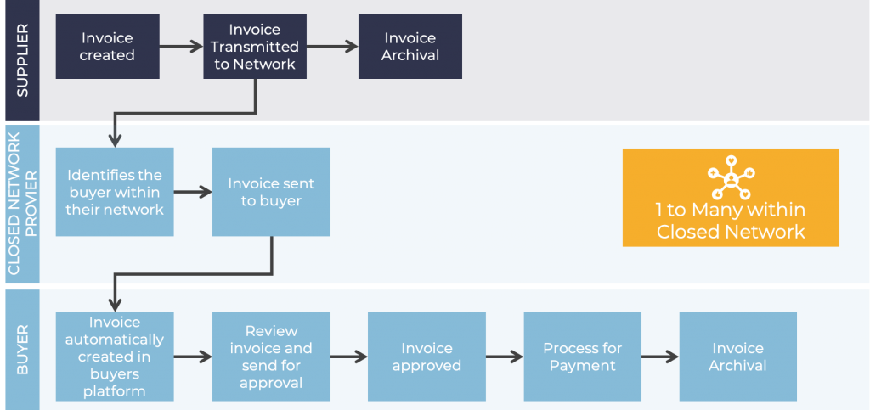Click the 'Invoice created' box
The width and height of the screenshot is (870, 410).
pos(107,47)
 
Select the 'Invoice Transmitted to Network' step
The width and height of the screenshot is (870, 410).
pos(255,47)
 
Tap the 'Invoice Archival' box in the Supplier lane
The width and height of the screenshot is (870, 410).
pos(410,47)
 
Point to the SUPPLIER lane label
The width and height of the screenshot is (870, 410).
pos(22,59)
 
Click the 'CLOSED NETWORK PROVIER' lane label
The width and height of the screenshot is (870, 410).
pos(22,203)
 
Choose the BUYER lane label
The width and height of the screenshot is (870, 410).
pos(22,349)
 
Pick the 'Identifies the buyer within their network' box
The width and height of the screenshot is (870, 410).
pos(115,192)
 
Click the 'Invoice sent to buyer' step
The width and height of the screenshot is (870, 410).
pos(271,192)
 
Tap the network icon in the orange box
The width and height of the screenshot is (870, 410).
pos(730,176)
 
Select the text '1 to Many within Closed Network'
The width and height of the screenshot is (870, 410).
pos(730,221)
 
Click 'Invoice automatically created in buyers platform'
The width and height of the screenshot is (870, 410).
pos(115,357)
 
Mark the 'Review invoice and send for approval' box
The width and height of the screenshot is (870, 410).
pos(270,357)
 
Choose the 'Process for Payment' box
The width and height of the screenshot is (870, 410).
pos(582,357)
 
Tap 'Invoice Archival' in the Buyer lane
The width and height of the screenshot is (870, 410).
pos(737,357)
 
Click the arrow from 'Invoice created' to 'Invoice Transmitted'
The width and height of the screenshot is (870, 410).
pos(181,47)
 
